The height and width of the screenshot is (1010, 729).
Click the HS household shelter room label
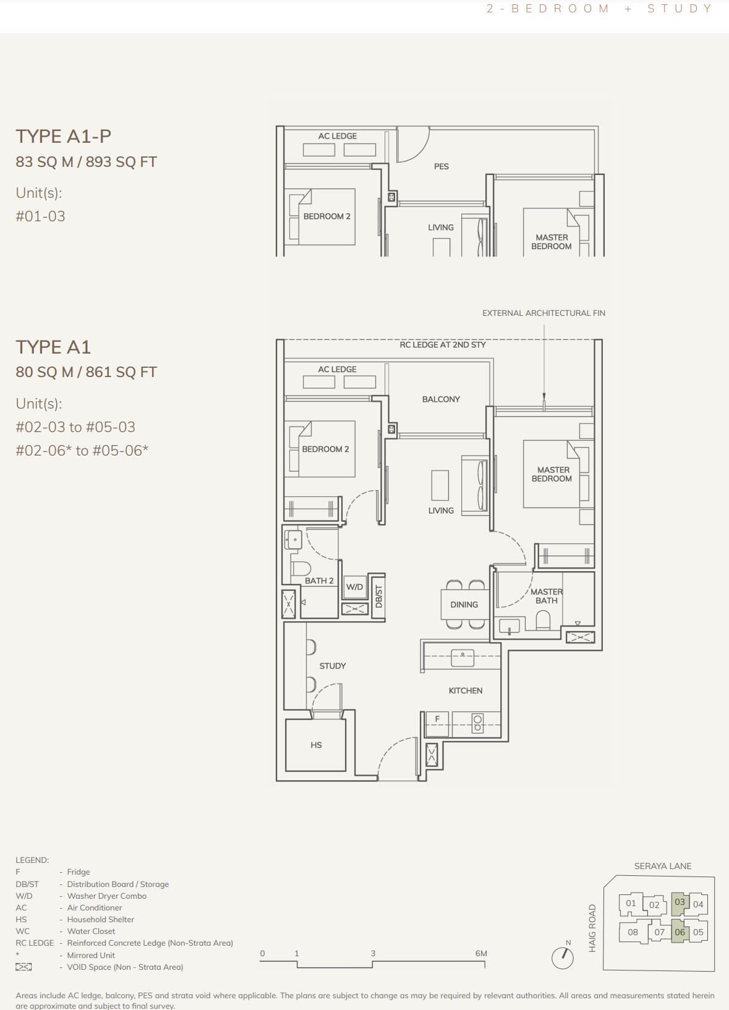pos(316,745)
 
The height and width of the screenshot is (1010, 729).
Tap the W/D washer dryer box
pos(354,587)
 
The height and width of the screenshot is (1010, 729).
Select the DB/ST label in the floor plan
pos(379,596)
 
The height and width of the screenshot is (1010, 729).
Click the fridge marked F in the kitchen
pos(437,724)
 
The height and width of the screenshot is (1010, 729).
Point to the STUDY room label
pos(333,666)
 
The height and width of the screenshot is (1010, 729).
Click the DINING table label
pos(464,605)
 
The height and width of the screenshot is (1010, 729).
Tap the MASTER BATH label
pos(547,596)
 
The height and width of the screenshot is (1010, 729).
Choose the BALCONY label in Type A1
pos(441,399)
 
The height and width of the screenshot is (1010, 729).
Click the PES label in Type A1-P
pos(441,166)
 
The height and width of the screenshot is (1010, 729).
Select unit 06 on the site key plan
pos(680,932)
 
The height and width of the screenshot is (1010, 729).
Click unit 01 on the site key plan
pos(631,903)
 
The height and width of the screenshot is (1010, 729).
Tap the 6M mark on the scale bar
pos(481,953)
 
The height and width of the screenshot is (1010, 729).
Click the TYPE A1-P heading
pos(64,136)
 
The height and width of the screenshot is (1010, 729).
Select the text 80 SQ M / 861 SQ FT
pos(86,372)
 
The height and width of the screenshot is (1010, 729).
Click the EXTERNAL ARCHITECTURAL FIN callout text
pos(544,313)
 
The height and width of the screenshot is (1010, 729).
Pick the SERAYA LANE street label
pos(663,866)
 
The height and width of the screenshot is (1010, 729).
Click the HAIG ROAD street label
pos(592,928)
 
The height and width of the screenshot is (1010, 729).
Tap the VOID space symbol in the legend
pos(23,967)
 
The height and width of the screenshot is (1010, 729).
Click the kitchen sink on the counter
pos(463,658)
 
